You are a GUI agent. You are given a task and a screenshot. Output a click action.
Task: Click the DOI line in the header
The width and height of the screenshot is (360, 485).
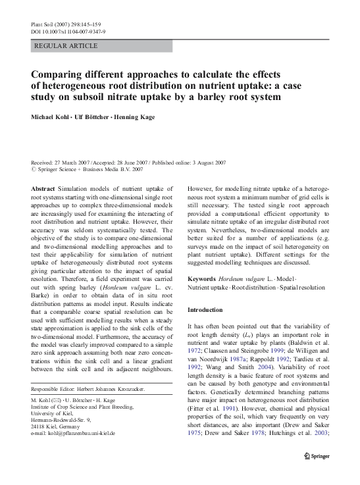pyautogui.click(x=68, y=32)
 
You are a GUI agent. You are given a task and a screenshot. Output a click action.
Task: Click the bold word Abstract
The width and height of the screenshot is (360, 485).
pyautogui.click(x=43, y=188)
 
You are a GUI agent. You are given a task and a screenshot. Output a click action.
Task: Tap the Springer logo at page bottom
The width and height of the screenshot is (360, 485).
pyautogui.click(x=320, y=474)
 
